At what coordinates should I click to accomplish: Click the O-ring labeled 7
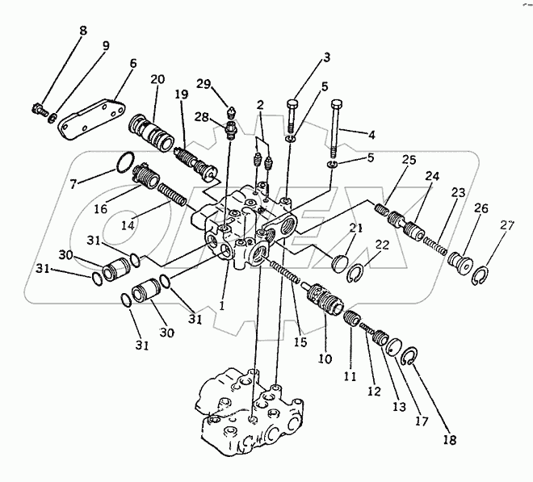pyautogui.click(x=122, y=163)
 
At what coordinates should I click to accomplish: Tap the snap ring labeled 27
pyautogui.click(x=478, y=276)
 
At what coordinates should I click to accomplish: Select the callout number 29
pyautogui.click(x=205, y=85)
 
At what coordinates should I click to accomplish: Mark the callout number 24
pyautogui.click(x=434, y=176)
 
